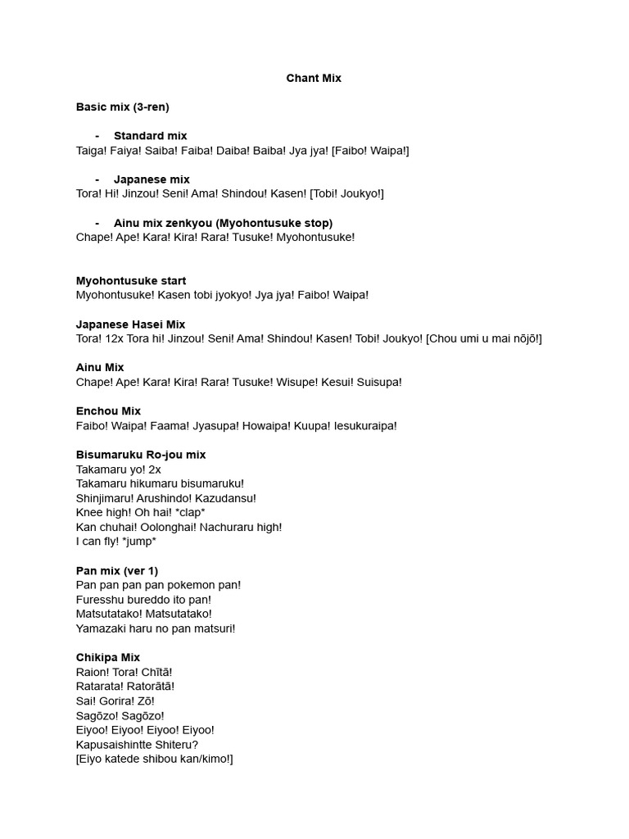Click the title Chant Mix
click(x=314, y=79)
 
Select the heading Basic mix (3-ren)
click(x=122, y=107)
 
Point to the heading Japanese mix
click(x=152, y=179)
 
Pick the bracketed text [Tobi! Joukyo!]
click(x=346, y=194)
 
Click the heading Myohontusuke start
click(x=131, y=281)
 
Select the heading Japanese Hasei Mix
click(x=131, y=324)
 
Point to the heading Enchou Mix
click(x=108, y=411)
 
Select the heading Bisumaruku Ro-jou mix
click(x=141, y=455)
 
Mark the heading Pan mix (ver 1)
click(x=117, y=570)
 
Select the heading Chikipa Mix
click(x=108, y=657)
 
